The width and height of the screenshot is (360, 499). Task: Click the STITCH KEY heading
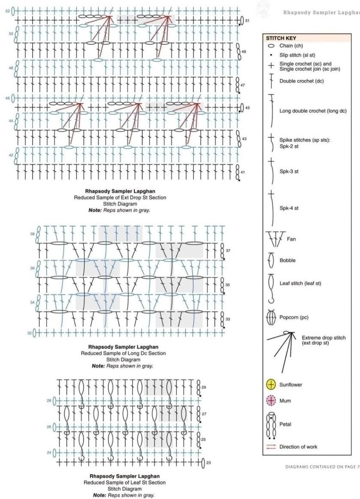(281, 38)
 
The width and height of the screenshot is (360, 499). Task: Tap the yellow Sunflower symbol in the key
(271, 385)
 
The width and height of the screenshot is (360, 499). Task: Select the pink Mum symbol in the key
(271, 401)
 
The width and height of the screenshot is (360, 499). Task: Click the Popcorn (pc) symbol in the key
(271, 318)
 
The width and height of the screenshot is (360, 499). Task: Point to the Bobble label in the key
(287, 260)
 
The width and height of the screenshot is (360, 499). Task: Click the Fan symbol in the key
(274, 238)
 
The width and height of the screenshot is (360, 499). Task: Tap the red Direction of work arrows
(271, 447)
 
